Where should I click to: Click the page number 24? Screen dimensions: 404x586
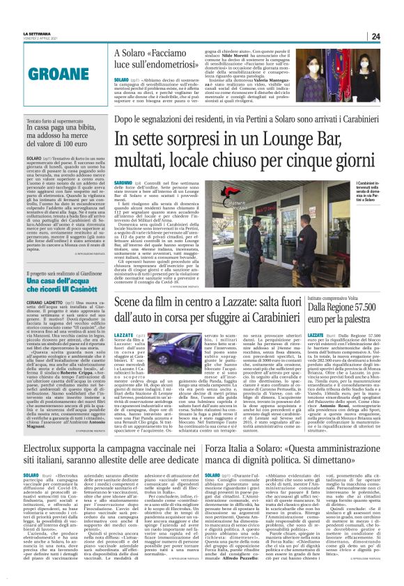(x=394, y=36)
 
